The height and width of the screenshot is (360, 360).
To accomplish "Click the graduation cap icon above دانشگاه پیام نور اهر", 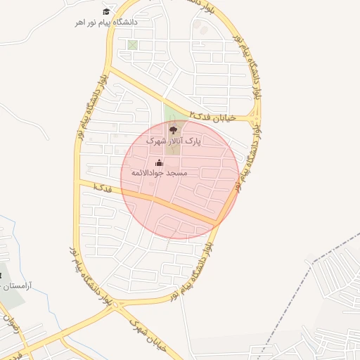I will coord(106,11).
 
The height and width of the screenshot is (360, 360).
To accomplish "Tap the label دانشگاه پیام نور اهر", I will coord(107,22).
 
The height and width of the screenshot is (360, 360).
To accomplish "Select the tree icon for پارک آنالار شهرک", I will coord(173,129).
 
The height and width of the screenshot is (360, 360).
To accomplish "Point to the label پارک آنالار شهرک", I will coord(173,141).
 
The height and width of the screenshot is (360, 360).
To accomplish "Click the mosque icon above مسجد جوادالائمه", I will coord(157,164).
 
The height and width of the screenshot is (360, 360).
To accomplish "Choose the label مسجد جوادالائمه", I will coord(158,173).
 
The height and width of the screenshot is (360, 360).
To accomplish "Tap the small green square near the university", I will coord(132,45).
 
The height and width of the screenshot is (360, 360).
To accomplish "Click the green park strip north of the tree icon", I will coord(169,112).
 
